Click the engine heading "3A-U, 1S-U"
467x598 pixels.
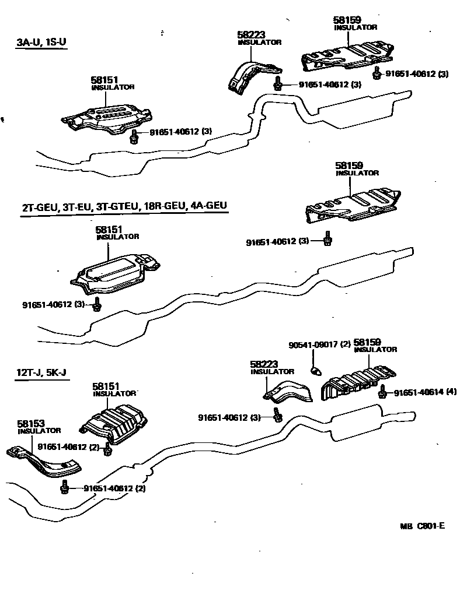pyautogui.click(x=41, y=43)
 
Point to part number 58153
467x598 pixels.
pyautogui.click(x=30, y=424)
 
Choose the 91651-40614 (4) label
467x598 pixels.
pyautogui.click(x=425, y=392)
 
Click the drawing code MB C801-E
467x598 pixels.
pyautogui.click(x=423, y=526)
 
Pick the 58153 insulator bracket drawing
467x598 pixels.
pyautogui.click(x=44, y=457)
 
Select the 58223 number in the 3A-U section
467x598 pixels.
pyautogui.click(x=252, y=35)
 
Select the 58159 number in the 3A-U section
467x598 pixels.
pyautogui.click(x=348, y=20)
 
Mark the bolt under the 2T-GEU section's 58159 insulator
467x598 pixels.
pyautogui.click(x=327, y=239)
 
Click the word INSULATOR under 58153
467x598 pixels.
pyautogui.click(x=39, y=431)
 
